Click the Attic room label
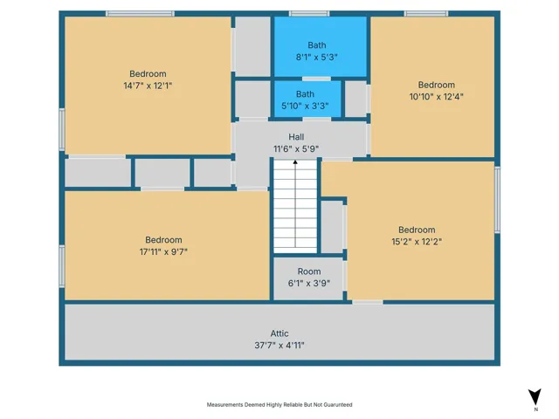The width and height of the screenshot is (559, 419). (279, 333)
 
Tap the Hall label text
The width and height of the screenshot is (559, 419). (296, 137)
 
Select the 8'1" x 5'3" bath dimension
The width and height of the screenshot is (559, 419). (316, 57)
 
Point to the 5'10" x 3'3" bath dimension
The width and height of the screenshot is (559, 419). (305, 106)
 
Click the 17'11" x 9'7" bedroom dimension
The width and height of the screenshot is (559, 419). (163, 252)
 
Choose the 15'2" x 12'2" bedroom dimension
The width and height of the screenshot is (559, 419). (417, 242)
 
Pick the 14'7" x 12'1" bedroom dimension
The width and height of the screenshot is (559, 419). (148, 86)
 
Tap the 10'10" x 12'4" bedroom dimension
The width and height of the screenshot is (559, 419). (437, 97)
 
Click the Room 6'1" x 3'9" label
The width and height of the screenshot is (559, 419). (309, 278)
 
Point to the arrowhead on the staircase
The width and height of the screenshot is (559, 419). (295, 162)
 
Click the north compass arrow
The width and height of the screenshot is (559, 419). (535, 396)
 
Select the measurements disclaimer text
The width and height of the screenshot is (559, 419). (279, 405)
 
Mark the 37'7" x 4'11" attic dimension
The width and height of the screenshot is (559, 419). (279, 346)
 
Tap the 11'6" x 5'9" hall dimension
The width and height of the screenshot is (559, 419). (296, 148)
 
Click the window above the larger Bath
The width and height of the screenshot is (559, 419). (309, 14)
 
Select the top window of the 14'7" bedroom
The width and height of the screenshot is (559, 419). (140, 14)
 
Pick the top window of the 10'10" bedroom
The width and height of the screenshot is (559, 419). (426, 14)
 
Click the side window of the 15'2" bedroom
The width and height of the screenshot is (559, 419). (497, 200)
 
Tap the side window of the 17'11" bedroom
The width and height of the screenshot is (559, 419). (62, 266)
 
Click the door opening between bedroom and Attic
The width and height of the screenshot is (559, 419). (368, 302)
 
